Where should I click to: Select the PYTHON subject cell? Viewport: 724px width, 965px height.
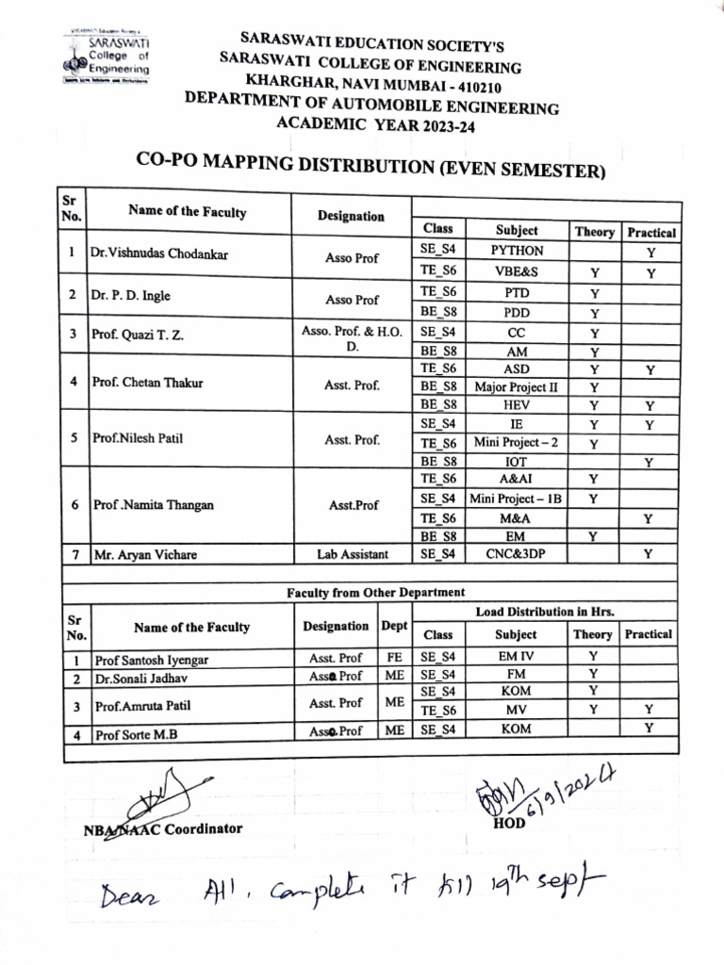point(518,251)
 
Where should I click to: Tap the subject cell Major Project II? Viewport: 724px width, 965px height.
point(517,386)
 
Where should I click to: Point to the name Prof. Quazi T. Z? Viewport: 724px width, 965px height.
point(138,334)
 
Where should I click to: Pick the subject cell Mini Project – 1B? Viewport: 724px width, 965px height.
point(517,499)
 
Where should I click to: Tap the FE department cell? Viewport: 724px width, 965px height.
point(394,656)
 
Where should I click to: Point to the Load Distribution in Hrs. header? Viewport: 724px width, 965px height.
point(545,612)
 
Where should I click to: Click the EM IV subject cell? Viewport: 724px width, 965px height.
point(517,656)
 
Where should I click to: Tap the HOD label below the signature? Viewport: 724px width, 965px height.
point(509,824)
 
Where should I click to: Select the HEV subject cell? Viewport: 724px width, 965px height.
point(517,405)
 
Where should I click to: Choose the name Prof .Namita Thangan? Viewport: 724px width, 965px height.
point(154,505)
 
